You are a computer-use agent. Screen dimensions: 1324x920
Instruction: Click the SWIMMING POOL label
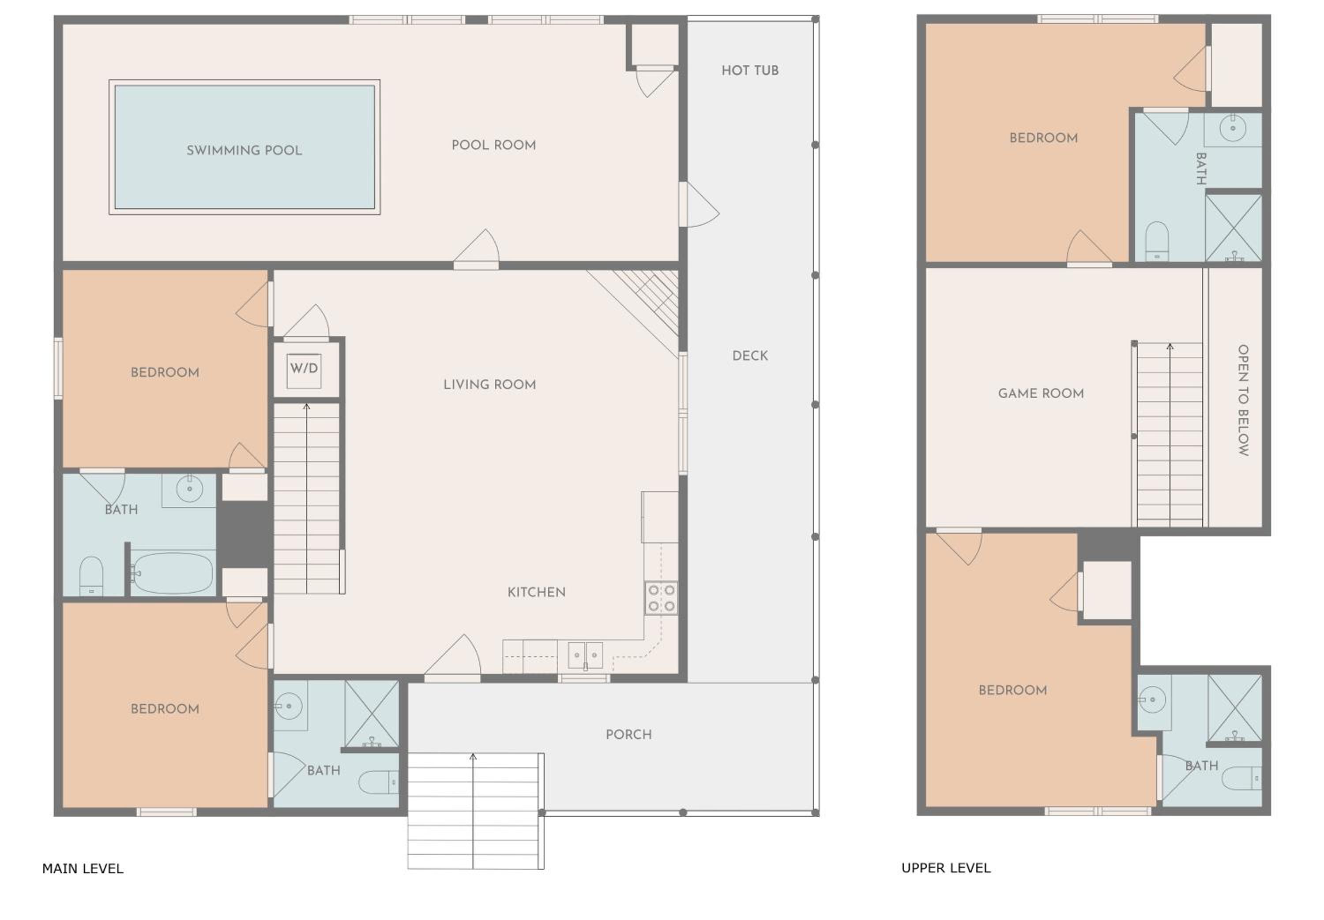click(x=244, y=150)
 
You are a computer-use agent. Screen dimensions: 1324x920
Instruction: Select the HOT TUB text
click(x=750, y=70)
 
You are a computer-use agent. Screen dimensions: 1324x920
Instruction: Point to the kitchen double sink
click(x=585, y=656)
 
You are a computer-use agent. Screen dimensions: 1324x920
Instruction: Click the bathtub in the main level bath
click(x=172, y=573)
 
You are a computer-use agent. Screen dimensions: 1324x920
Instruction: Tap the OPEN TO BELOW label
click(x=1243, y=400)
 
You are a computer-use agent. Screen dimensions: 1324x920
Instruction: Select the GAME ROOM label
click(x=1041, y=394)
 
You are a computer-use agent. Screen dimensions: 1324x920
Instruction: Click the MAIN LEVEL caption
click(x=83, y=869)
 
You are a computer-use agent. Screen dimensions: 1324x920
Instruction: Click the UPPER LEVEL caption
click(x=946, y=868)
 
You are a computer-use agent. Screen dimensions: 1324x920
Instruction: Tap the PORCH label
click(x=628, y=735)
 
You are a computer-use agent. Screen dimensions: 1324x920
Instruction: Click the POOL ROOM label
click(x=493, y=145)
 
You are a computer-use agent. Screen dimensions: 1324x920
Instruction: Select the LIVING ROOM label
click(x=489, y=385)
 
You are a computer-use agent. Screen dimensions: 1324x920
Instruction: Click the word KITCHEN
click(x=536, y=592)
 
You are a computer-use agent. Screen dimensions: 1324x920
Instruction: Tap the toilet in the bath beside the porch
click(x=378, y=782)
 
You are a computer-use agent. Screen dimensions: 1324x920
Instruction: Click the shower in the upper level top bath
click(x=1234, y=228)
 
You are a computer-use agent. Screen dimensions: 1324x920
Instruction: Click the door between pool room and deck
click(x=698, y=205)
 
